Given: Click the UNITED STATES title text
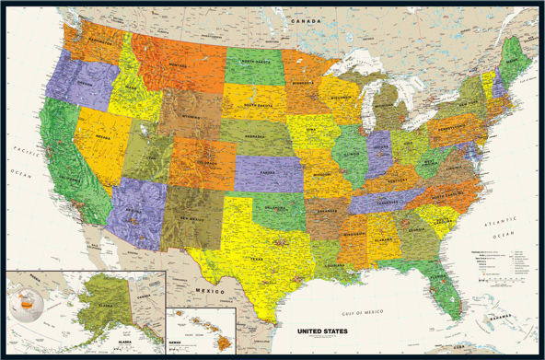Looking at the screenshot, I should click(x=321, y=328).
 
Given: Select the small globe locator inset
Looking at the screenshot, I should click(x=24, y=302).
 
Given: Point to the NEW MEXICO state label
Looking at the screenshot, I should click(x=191, y=219).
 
